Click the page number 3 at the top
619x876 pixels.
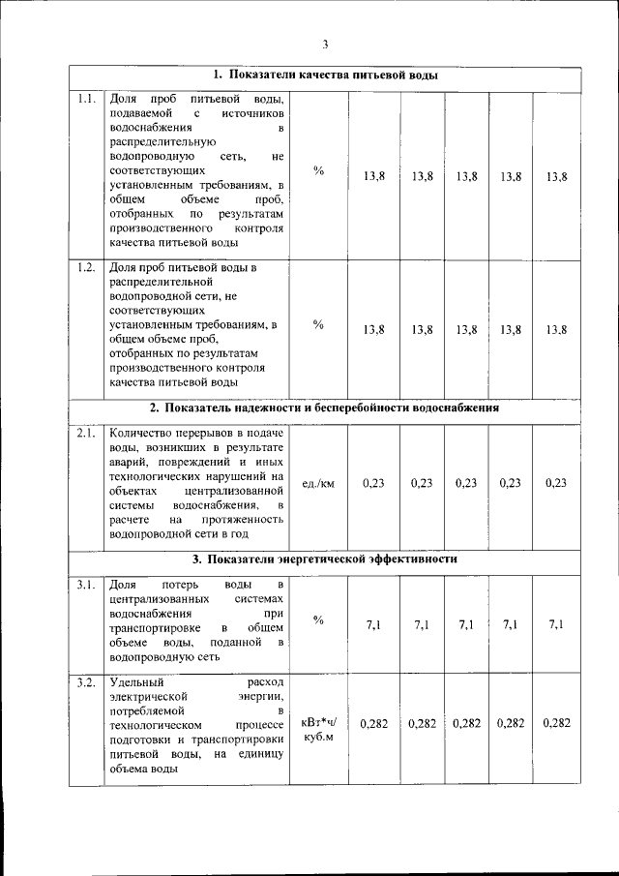pos(325,43)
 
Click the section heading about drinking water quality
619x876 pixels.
pos(325,75)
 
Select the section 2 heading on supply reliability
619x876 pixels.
pos(325,408)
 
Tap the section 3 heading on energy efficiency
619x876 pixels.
pos(325,559)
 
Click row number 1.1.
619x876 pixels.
pos(86,99)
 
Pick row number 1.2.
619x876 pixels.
pos(86,267)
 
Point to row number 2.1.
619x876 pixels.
pos(86,434)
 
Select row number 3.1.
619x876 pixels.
pos(86,585)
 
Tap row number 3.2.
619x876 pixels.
pos(86,683)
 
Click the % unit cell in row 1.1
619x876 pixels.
pos(318,170)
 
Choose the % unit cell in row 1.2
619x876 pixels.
pos(318,324)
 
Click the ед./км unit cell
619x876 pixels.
pos(318,483)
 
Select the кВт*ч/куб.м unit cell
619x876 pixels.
pos(318,729)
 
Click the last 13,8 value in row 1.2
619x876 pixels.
pos(556,330)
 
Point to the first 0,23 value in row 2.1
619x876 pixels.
pos(374,483)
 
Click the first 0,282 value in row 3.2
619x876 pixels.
pos(374,723)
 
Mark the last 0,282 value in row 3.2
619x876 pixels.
pos(556,723)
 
